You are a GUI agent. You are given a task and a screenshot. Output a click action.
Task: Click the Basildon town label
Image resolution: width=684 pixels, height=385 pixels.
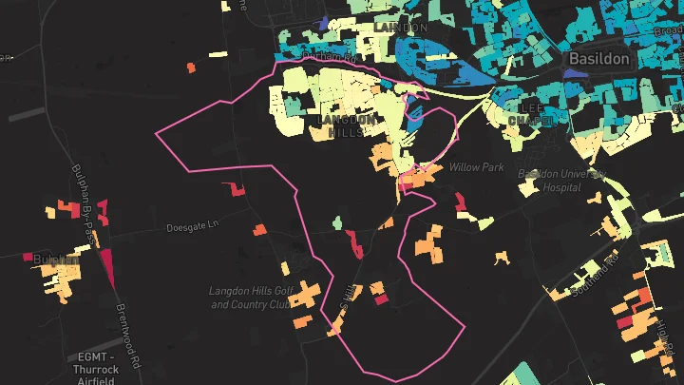[x=599, y=59]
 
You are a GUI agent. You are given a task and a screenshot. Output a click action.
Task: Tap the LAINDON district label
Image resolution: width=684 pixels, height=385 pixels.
[x=400, y=29]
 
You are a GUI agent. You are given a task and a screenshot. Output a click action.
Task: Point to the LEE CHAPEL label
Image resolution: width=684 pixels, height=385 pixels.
[x=527, y=114]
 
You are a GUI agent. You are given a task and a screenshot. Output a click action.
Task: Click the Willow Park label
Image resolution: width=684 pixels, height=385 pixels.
[x=476, y=167]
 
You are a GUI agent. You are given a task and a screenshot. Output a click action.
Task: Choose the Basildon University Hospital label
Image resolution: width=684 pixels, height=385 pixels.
[x=561, y=181]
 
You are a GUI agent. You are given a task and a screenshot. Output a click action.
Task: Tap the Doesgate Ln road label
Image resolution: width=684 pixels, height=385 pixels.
[x=193, y=228]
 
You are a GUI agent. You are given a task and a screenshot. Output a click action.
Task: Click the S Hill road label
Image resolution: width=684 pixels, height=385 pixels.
[x=348, y=297]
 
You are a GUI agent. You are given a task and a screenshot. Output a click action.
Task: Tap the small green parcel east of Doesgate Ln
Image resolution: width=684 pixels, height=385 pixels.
[x=335, y=223]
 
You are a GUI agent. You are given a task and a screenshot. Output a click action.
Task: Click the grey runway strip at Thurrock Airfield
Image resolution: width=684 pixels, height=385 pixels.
[x=28, y=114]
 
